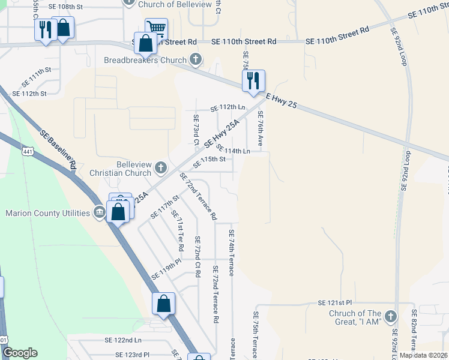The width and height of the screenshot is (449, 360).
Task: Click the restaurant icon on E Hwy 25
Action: pos(253,80)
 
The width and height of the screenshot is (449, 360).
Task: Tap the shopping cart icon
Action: pos(156,28)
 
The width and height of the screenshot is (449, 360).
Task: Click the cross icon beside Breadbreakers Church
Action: pos(196,60)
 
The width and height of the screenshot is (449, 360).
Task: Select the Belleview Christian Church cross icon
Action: pos(160,167)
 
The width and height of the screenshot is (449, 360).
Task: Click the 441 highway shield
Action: pos(28,152)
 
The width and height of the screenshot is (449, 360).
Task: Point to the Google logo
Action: pos(20,352)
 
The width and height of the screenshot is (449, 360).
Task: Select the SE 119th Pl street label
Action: pos(166,269)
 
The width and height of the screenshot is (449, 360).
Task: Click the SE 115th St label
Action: pos(209,161)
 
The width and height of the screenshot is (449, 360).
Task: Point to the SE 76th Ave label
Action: pos(261,128)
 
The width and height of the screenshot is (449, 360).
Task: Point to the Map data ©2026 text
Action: pos(423,355)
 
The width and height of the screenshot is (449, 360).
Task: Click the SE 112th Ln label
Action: pos(228,108)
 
